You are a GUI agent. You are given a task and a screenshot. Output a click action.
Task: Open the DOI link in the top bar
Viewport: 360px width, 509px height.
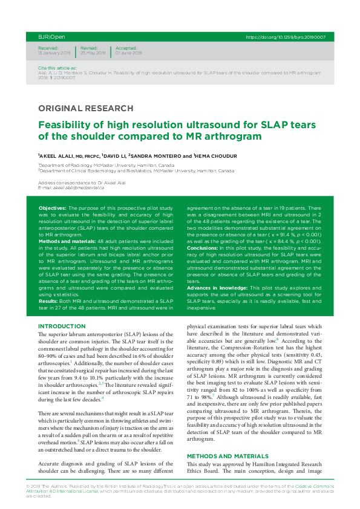click(286, 37)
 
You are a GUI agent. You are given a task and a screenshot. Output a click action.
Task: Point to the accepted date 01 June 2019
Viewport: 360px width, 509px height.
click(128, 53)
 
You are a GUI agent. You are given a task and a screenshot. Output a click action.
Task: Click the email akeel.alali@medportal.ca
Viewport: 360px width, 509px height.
click(79, 187)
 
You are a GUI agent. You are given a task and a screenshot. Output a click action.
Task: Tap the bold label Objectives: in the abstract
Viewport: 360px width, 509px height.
click(52, 207)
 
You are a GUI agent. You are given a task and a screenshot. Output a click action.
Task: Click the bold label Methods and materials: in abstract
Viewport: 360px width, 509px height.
click(68, 241)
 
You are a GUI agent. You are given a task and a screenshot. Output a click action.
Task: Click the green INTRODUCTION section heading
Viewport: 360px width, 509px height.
click(62, 326)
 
